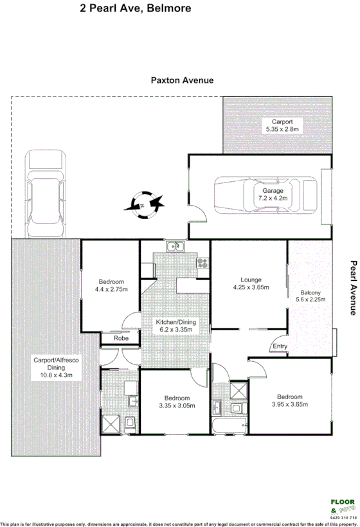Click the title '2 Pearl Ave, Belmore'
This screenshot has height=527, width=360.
tap(135, 8)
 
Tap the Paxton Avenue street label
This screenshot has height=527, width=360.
tap(182, 80)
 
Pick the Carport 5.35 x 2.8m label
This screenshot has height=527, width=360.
tap(282, 125)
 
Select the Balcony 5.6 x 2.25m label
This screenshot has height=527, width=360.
tap(310, 295)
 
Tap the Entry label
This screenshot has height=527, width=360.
tap(280, 347)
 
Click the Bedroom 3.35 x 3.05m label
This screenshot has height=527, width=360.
tap(175, 401)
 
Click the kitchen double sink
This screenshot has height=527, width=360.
tap(174, 246)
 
